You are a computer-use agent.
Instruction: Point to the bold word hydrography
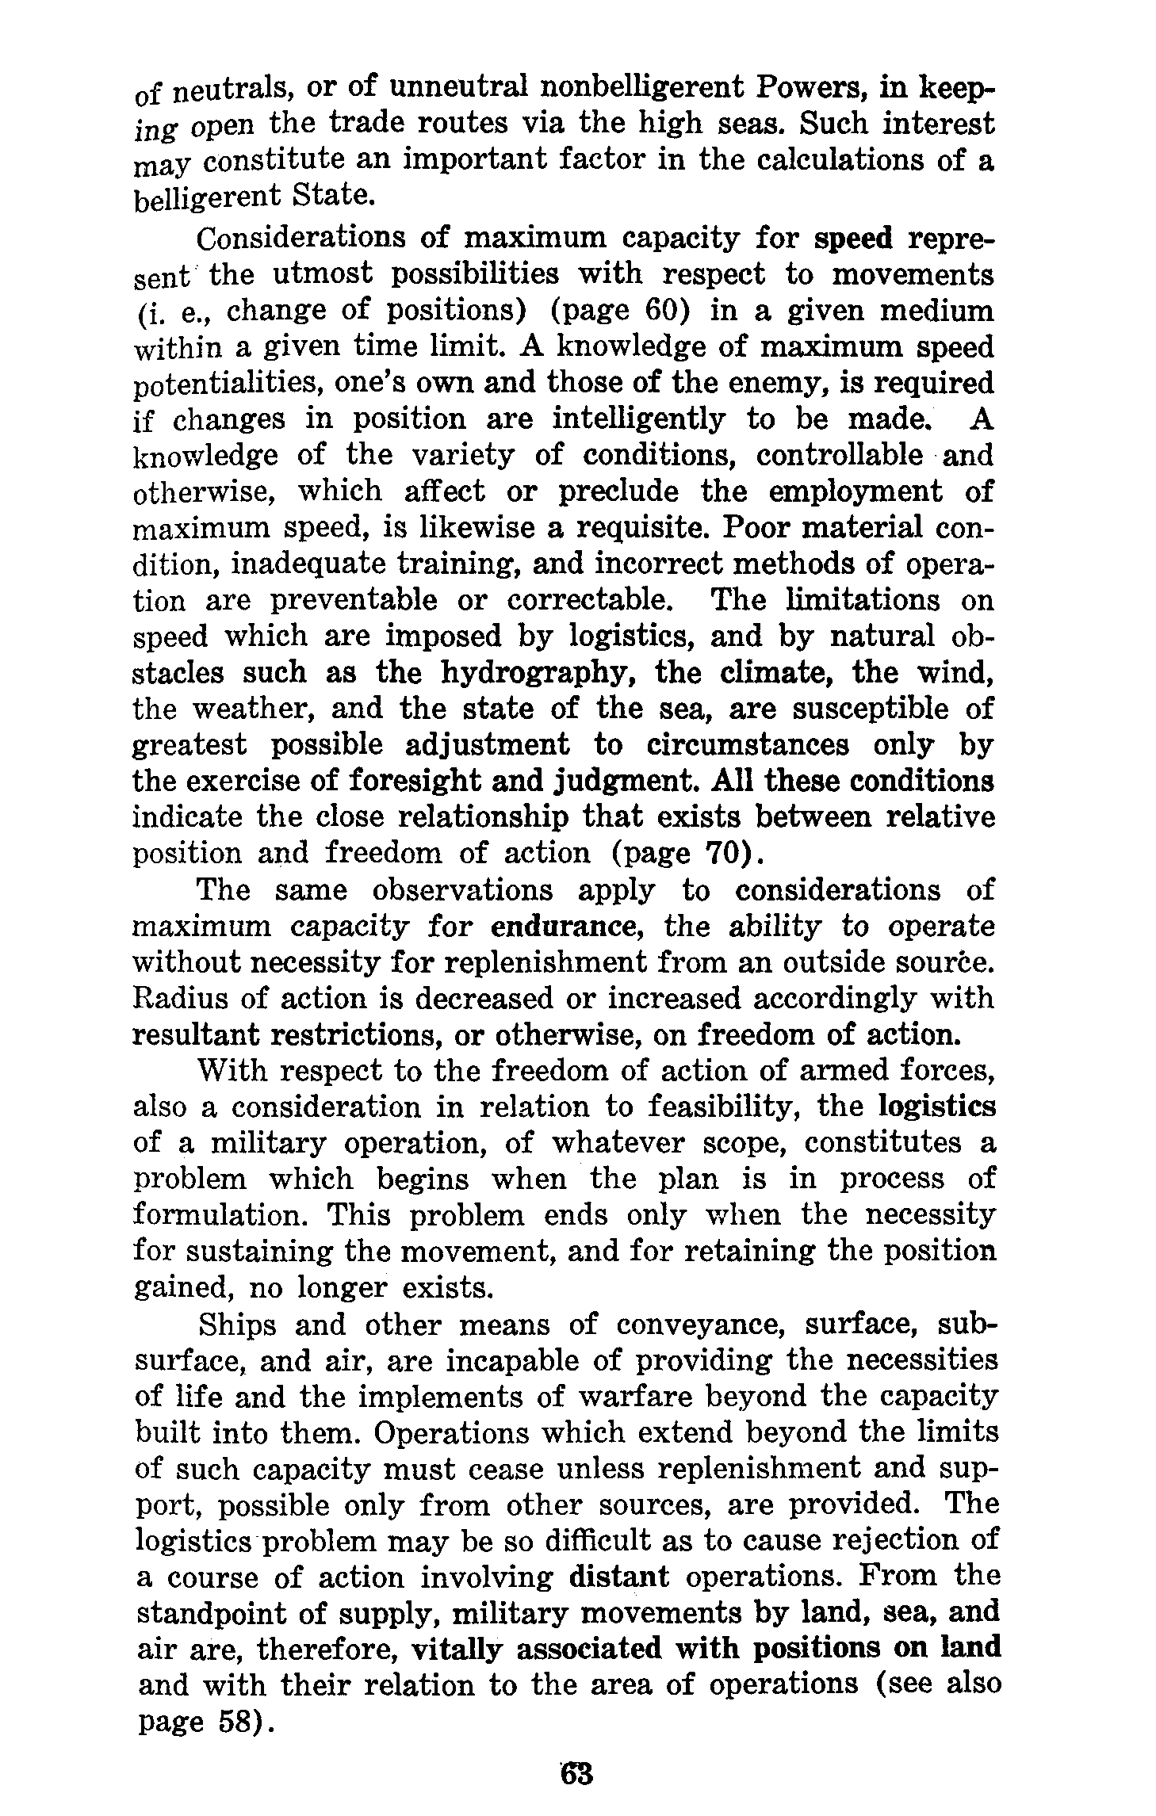pos(541,673)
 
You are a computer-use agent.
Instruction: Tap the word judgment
pos(626,782)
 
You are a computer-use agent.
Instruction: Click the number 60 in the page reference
pos(663,310)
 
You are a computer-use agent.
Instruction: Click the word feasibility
pos(699,1107)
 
